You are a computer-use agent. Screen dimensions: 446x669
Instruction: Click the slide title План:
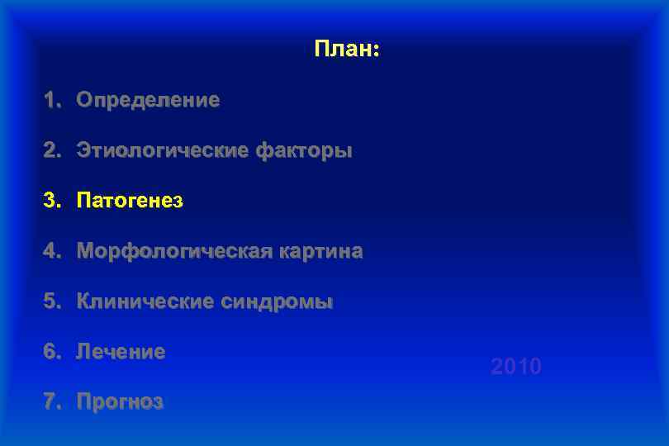[x=346, y=50]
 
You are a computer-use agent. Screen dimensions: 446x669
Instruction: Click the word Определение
[x=148, y=101]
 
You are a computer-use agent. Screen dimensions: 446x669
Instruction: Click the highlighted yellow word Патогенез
[x=130, y=201]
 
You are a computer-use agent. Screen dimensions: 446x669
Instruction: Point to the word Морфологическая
[x=173, y=251]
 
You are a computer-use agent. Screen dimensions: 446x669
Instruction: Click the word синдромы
[x=277, y=302]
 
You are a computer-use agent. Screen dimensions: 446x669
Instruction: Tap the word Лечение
[x=121, y=353]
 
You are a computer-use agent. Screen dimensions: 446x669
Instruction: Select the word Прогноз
[x=120, y=403]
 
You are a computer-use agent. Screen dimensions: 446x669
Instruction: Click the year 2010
[x=516, y=367]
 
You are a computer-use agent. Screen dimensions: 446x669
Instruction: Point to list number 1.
[x=52, y=101]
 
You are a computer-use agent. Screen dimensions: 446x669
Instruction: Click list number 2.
[x=52, y=151]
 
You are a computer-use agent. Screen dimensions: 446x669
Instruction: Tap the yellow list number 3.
[x=52, y=201]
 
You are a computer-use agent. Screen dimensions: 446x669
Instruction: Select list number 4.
[x=52, y=251]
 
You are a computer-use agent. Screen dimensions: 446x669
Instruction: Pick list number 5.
[x=52, y=302]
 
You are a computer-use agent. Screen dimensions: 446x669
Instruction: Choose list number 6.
[x=52, y=353]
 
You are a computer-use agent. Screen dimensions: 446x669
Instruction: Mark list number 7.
[x=52, y=403]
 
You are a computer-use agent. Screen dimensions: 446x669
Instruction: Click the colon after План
[x=377, y=51]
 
